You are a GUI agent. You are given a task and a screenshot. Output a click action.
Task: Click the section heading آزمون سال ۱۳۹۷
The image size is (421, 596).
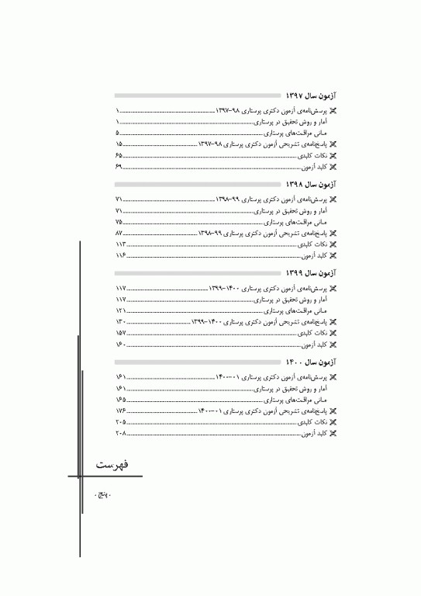[309, 95]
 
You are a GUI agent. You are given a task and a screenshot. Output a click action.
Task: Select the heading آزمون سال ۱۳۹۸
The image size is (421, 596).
[309, 185]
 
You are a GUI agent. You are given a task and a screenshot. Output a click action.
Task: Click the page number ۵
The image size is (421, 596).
[117, 133]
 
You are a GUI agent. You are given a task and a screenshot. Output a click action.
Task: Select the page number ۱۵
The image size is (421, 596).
[119, 144]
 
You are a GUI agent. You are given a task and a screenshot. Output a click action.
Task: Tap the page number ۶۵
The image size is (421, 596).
[119, 155]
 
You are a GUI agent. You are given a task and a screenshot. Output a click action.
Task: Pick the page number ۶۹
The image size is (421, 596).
[119, 166]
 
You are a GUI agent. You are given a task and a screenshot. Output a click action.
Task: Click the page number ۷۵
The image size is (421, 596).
[119, 222]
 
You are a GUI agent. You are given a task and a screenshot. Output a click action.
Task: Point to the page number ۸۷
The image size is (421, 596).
[119, 233]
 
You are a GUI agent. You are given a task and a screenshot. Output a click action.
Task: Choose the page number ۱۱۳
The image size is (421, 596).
[120, 244]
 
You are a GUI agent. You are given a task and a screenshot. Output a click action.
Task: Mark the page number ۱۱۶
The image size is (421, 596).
[120, 255]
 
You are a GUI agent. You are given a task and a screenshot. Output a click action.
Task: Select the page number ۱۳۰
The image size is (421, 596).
[120, 321]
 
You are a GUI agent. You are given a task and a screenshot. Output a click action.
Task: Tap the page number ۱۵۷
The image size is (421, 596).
[120, 332]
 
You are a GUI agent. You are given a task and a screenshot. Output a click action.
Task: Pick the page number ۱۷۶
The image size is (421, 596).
[120, 410]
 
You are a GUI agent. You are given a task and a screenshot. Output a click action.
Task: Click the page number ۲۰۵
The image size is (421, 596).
[120, 421]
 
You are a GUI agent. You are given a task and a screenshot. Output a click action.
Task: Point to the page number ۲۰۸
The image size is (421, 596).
[120, 432]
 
